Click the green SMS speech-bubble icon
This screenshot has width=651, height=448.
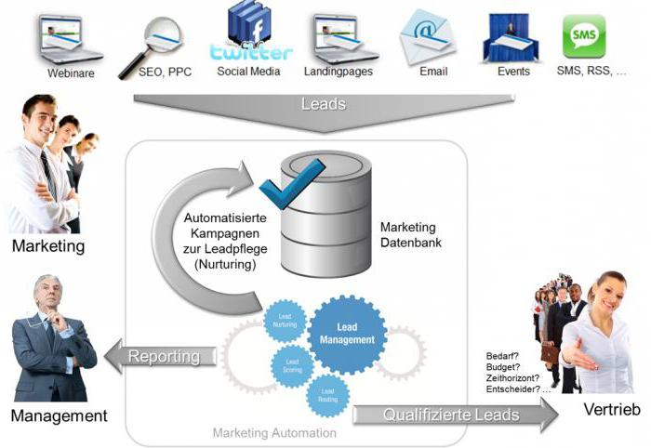pyautogui.click(x=584, y=36)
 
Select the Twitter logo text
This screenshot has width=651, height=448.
pyautogui.click(x=250, y=52)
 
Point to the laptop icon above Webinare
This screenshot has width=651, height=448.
pyautogui.click(x=70, y=36)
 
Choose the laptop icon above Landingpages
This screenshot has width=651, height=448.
pyautogui.click(x=339, y=36)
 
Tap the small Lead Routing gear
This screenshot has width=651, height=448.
pyautogui.click(x=327, y=395)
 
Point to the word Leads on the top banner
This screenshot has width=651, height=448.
pyautogui.click(x=324, y=104)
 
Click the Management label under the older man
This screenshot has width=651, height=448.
pyautogui.click(x=60, y=415)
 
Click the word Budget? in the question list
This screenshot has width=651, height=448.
pyautogui.click(x=502, y=368)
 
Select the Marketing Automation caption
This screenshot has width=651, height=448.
pyautogui.click(x=274, y=433)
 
